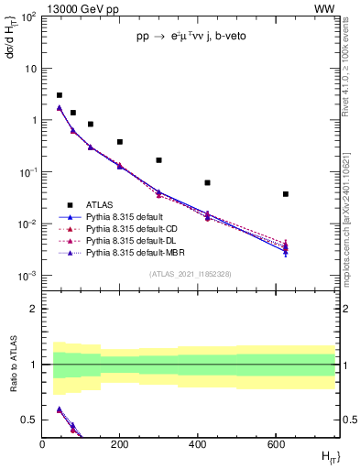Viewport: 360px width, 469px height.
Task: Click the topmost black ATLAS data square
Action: click(x=60, y=95)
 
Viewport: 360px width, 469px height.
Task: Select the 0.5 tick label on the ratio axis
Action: click(x=28, y=420)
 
